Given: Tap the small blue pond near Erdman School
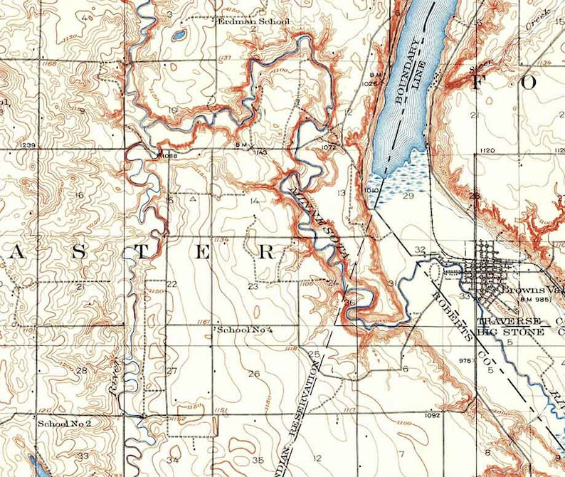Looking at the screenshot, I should click(x=178, y=33).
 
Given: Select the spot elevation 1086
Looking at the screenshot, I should click(x=168, y=154).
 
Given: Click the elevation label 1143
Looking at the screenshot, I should click(x=260, y=152).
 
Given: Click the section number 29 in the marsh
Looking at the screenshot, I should click(x=408, y=196).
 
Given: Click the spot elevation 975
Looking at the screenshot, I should click(x=465, y=361).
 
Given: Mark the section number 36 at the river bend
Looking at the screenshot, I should click(x=349, y=302).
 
